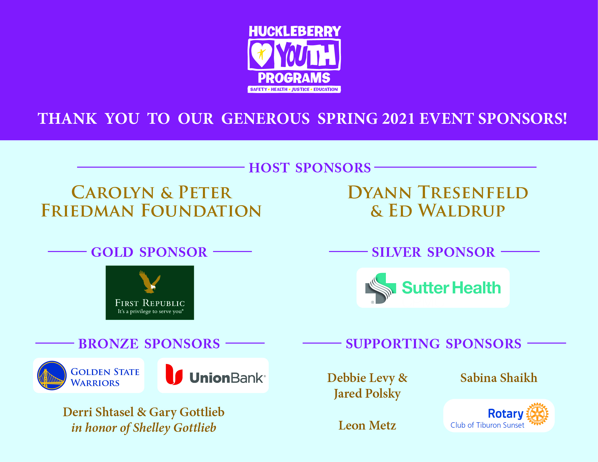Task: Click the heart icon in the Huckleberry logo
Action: click(261, 54)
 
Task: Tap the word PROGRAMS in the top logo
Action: click(294, 78)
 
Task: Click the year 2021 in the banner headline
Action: click(398, 119)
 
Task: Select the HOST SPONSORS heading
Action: click(310, 168)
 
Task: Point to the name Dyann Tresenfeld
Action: click(438, 192)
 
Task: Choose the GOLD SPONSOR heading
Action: click(149, 252)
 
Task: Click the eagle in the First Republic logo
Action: click(150, 281)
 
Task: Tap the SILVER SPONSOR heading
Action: click(434, 252)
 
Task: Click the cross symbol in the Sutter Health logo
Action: click(381, 288)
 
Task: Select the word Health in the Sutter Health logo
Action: click(476, 288)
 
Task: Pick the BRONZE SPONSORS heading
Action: click(149, 344)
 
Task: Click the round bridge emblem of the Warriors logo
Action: click(52, 375)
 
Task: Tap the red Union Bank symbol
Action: click(174, 374)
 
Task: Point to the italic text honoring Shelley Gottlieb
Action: click(144, 428)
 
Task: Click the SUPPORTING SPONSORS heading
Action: click(434, 344)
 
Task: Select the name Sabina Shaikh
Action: click(499, 378)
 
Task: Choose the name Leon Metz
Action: click(367, 425)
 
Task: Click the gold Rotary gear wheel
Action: click(537, 414)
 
